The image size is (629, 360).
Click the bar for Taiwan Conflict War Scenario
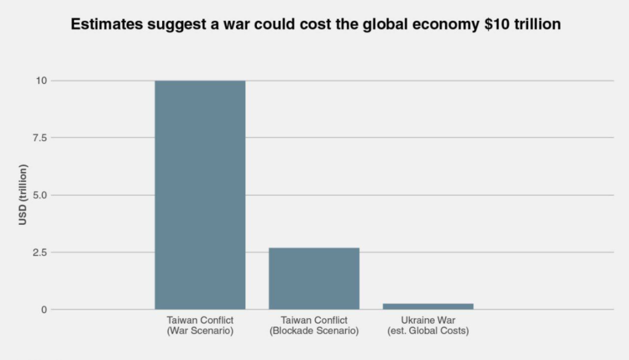pyautogui.click(x=200, y=195)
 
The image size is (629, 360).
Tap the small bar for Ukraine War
pyautogui.click(x=428, y=306)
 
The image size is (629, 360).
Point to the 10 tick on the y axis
pyautogui.click(x=42, y=80)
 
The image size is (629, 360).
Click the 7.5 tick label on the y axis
pyautogui.click(x=39, y=138)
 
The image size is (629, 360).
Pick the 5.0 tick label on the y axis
pyautogui.click(x=39, y=195)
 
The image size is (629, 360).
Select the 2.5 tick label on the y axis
pyautogui.click(x=39, y=252)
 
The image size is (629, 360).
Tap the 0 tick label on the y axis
pyautogui.click(x=44, y=310)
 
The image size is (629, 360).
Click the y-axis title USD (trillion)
pyautogui.click(x=23, y=195)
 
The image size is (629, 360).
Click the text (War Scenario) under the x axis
pyautogui.click(x=200, y=331)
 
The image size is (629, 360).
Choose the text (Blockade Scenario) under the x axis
pyautogui.click(x=314, y=331)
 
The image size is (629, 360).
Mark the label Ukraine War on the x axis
pyautogui.click(x=428, y=321)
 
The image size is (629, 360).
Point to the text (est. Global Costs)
pyautogui.click(x=428, y=331)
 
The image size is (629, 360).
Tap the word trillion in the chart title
pyautogui.click(x=534, y=25)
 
